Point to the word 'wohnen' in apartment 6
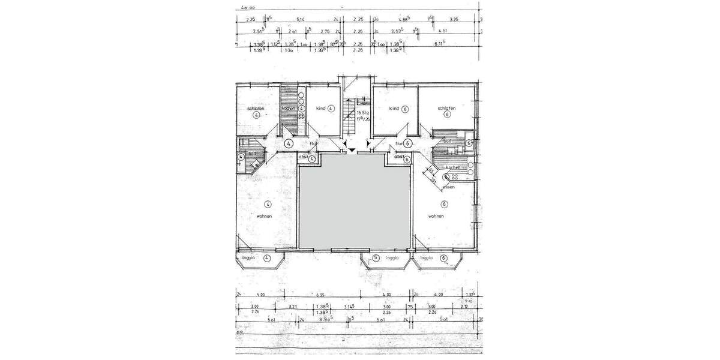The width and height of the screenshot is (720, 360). point(436,216)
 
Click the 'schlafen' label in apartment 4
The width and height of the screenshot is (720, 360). point(256,109)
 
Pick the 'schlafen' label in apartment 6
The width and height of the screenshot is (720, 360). point(447,109)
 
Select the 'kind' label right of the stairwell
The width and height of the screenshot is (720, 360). point(394,109)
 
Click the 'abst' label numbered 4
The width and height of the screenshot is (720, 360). point(304,157)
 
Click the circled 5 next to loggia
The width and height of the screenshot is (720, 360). point(376,258)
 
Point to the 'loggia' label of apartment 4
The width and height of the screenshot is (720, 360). point(250,258)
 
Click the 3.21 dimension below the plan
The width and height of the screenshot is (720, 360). point(293,307)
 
